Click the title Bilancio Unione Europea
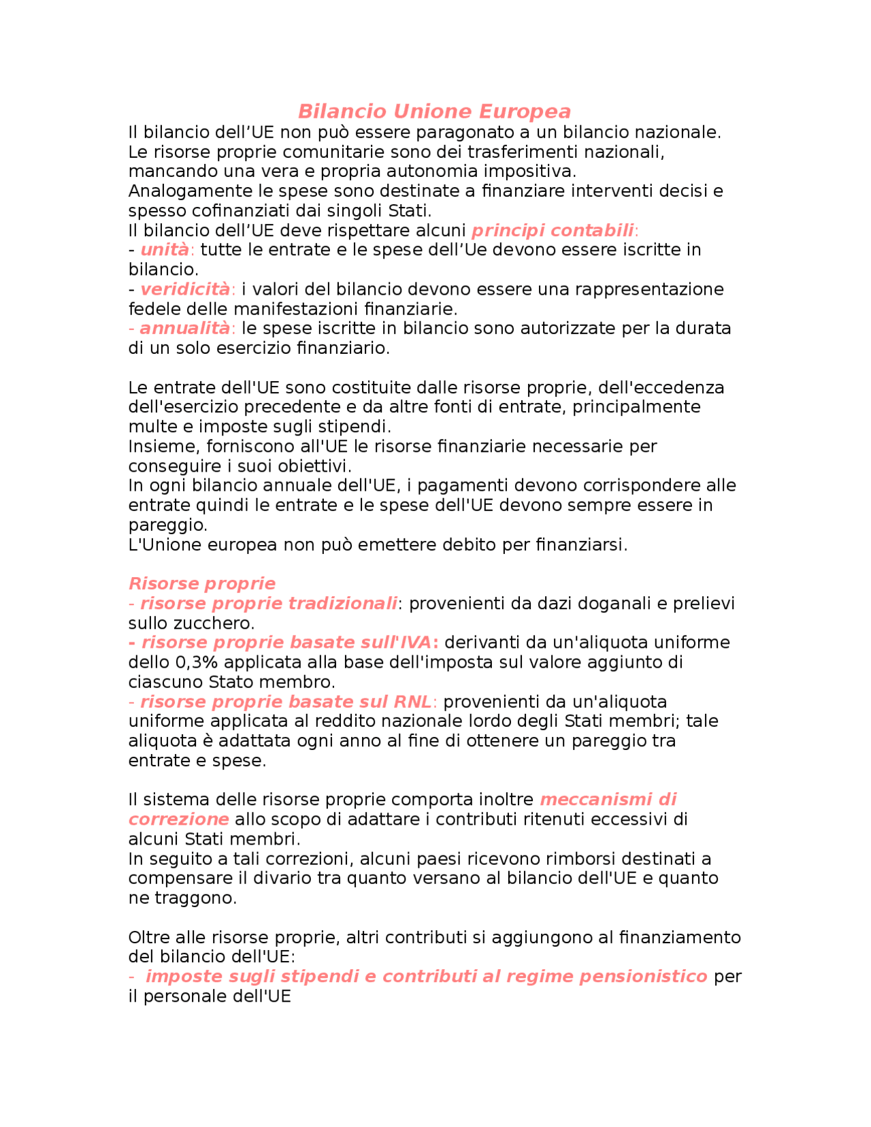(434, 112)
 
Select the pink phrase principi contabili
(553, 231)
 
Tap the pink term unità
(165, 250)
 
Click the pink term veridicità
(185, 290)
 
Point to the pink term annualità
(185, 329)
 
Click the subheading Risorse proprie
(201, 584)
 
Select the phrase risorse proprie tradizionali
(268, 604)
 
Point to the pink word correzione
(178, 819)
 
